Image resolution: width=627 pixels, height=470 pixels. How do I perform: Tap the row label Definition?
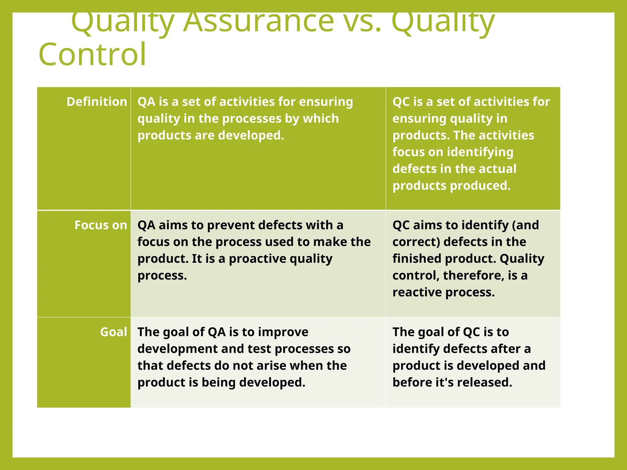pos(97,102)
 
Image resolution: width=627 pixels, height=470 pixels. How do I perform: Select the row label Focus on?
pos(101,225)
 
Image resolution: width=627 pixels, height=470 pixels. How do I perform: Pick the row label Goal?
pos(114,332)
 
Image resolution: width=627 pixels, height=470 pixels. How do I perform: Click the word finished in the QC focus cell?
pos(417,259)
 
